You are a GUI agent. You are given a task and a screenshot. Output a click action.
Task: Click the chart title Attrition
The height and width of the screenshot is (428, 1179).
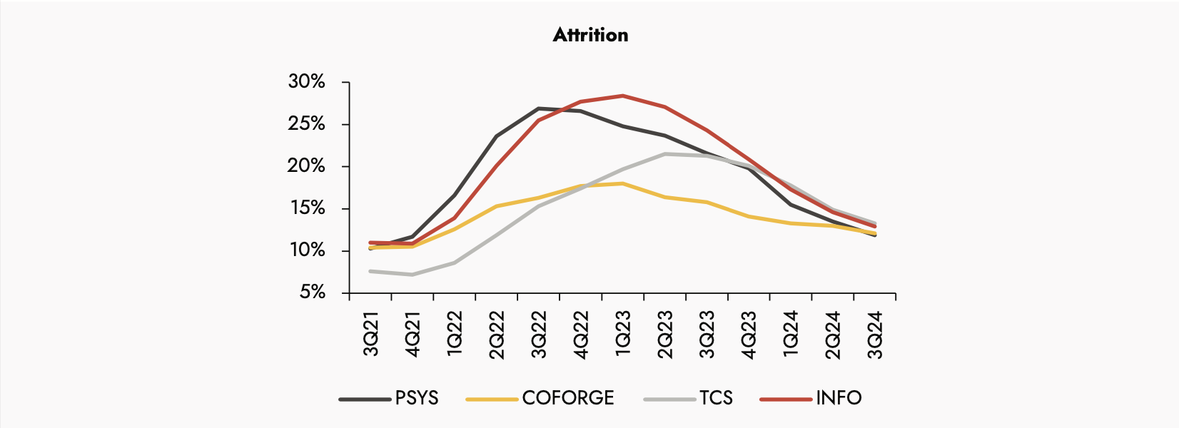click(x=590, y=35)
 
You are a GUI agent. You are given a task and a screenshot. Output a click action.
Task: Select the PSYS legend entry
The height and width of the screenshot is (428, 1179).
click(x=416, y=398)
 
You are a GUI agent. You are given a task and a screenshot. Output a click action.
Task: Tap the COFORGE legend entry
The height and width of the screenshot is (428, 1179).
click(x=567, y=398)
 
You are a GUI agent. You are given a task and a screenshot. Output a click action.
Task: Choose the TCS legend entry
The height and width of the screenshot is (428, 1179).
click(x=716, y=398)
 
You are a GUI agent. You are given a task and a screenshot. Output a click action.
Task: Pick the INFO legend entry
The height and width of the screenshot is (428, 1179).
click(x=839, y=398)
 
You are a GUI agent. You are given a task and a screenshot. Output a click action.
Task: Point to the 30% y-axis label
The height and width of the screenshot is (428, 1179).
click(x=306, y=82)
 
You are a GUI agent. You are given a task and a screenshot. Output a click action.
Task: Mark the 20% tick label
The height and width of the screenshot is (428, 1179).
click(x=306, y=166)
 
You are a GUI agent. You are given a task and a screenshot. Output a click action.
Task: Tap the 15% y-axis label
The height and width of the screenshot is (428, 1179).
click(x=306, y=208)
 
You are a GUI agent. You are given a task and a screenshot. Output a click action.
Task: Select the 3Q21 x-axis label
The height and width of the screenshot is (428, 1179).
click(x=371, y=334)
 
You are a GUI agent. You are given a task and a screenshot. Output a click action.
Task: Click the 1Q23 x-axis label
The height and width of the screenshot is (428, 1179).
click(x=623, y=334)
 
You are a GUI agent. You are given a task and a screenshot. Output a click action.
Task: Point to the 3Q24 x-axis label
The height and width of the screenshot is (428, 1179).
click(x=875, y=334)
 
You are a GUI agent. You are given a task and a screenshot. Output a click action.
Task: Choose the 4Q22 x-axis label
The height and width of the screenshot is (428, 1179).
click(x=581, y=334)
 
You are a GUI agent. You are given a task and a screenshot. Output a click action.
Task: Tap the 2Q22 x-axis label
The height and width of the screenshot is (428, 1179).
click(x=497, y=334)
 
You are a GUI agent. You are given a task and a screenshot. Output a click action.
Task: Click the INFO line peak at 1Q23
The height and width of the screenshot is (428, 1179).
click(x=623, y=96)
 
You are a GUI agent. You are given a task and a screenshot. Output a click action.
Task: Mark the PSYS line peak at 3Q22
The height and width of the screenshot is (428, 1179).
click(x=539, y=108)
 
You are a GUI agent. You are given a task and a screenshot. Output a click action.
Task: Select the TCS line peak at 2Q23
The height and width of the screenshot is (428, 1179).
click(x=665, y=154)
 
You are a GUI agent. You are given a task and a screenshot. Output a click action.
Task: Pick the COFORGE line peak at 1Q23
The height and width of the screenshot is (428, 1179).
click(x=623, y=183)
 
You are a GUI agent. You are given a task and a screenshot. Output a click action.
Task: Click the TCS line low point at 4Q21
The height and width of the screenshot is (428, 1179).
click(x=413, y=275)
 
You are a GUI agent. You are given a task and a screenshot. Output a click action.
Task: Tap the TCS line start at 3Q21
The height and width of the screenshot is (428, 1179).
click(x=371, y=271)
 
